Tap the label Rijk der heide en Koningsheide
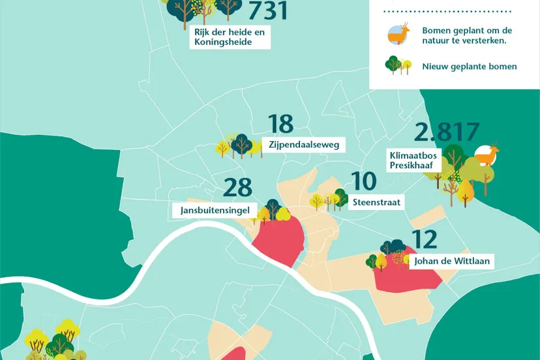[232, 37]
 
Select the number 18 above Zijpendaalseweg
[280, 124]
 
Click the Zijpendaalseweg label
[304, 145]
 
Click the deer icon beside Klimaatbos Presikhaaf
[487, 155]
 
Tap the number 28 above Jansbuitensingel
[237, 188]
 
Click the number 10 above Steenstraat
[364, 181]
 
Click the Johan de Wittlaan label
[449, 262]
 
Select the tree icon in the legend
[398, 65]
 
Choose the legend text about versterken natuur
[467, 35]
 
